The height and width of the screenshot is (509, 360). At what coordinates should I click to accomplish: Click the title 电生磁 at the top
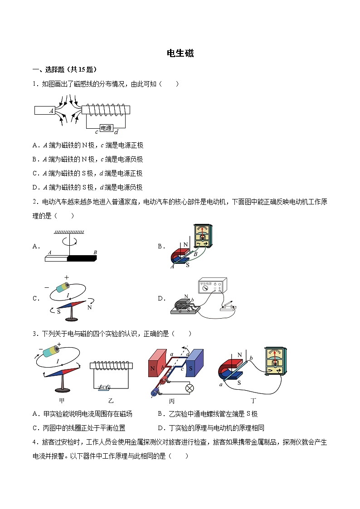[180, 53]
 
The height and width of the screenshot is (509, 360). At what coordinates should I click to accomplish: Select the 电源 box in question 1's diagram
[106, 128]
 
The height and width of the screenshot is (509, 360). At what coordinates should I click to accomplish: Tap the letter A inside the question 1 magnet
[52, 111]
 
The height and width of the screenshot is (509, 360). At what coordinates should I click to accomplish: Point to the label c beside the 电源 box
[97, 132]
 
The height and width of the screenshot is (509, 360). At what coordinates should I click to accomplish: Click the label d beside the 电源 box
[116, 132]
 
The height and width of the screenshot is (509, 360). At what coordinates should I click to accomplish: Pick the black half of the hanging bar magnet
[82, 259]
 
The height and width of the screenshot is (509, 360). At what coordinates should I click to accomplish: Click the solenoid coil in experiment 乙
[111, 365]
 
